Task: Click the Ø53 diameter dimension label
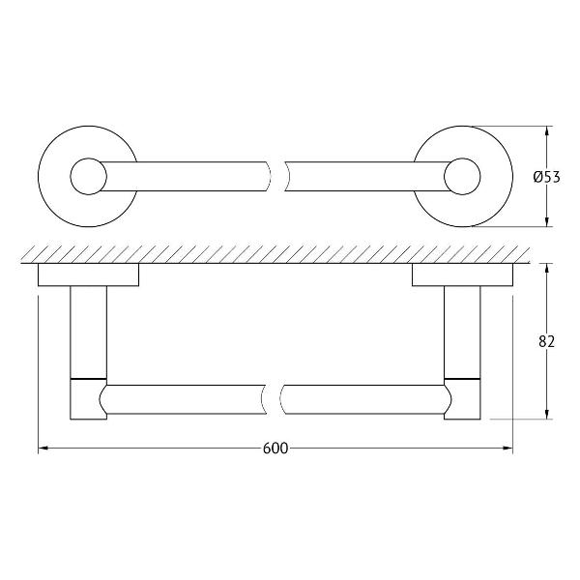click(x=547, y=177)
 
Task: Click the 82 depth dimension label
click(x=547, y=342)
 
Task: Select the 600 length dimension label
click(x=275, y=449)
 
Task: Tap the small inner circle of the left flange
click(x=88, y=177)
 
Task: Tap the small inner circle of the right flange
click(x=462, y=177)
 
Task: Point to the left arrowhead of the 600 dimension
click(x=43, y=449)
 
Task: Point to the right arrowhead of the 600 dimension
click(x=507, y=449)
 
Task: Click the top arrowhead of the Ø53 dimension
click(x=547, y=130)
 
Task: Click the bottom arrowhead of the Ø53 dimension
click(x=547, y=221)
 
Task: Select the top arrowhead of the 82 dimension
click(x=547, y=268)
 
